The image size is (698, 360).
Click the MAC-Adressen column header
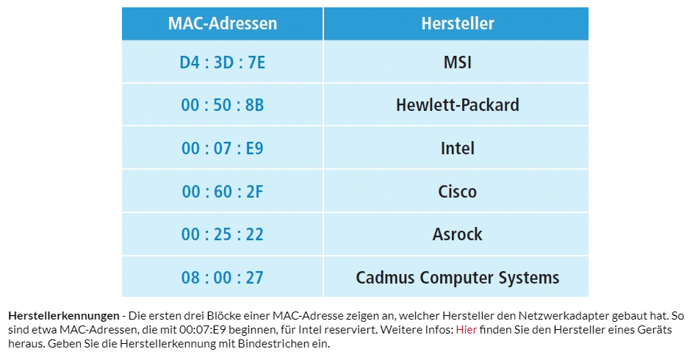[222, 24]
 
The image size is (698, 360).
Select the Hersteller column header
[458, 24]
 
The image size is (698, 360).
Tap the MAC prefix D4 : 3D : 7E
[222, 62]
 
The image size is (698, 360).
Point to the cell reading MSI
[458, 62]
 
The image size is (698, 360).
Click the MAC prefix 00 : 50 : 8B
[222, 105]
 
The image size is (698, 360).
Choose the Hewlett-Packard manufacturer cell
[458, 105]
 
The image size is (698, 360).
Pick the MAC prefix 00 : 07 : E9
[222, 148]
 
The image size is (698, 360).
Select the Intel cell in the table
[458, 148]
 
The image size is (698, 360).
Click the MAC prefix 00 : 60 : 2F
[222, 192]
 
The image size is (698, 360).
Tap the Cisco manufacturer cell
[458, 192]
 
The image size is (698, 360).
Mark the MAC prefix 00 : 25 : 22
[222, 234]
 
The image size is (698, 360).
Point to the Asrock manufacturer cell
[458, 234]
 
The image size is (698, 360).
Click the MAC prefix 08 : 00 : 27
[222, 278]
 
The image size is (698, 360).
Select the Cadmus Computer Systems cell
[458, 278]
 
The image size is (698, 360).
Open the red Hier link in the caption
[467, 330]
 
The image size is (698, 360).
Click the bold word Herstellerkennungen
[64, 316]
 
